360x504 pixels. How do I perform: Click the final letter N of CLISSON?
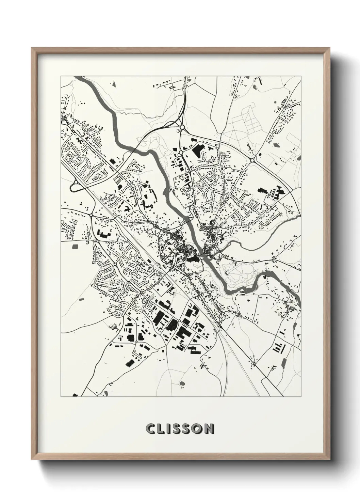pyautogui.click(x=209, y=429)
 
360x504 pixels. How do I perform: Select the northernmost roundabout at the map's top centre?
pyautogui.click(x=182, y=127)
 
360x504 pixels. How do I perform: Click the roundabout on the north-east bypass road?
pyautogui.click(x=252, y=159)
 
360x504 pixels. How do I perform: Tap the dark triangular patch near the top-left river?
pyautogui.click(x=114, y=82)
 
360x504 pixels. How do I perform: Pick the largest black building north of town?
pyautogui.click(x=198, y=150)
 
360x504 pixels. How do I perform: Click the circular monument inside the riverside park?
pyautogui.click(x=227, y=272)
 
